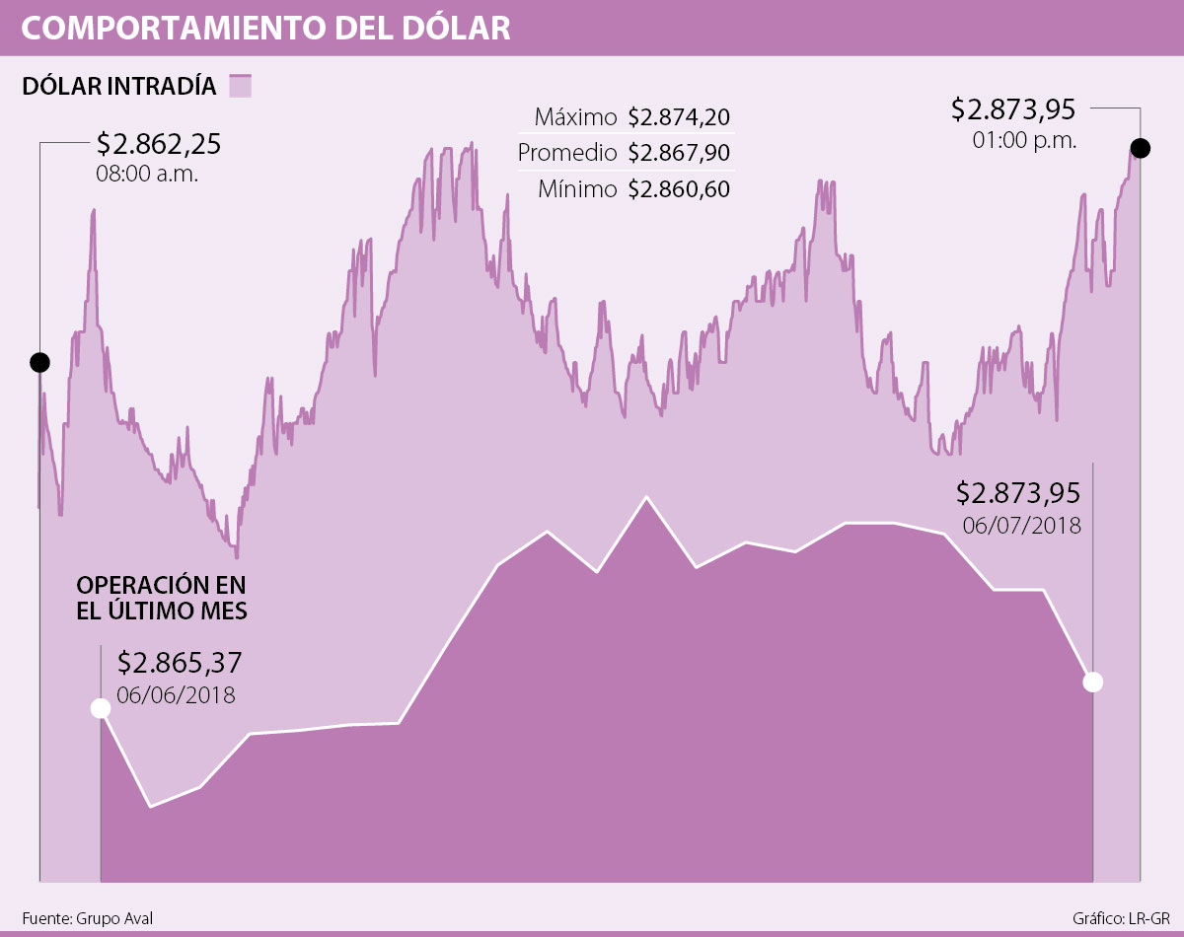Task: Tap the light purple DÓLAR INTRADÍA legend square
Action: coord(241,86)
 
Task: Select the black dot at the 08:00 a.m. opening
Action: coord(39,362)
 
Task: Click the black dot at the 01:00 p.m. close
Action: coord(1140,149)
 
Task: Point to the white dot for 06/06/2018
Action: coord(100,708)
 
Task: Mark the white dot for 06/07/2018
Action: coord(1092,682)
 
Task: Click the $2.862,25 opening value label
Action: coord(158,145)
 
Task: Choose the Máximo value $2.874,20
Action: coord(679,117)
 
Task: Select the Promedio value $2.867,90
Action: coord(679,154)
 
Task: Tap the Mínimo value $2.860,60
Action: coord(679,189)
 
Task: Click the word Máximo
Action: coord(575,117)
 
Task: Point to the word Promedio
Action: coord(567,154)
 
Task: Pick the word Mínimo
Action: coord(577,189)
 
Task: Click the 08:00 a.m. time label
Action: coord(147,175)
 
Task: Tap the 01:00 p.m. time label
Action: coord(1024,139)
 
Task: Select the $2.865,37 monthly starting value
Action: coord(180,662)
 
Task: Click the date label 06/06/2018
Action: coord(176,694)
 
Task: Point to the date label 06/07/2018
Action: coord(1022,525)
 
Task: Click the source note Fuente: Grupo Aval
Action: coord(87,917)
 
